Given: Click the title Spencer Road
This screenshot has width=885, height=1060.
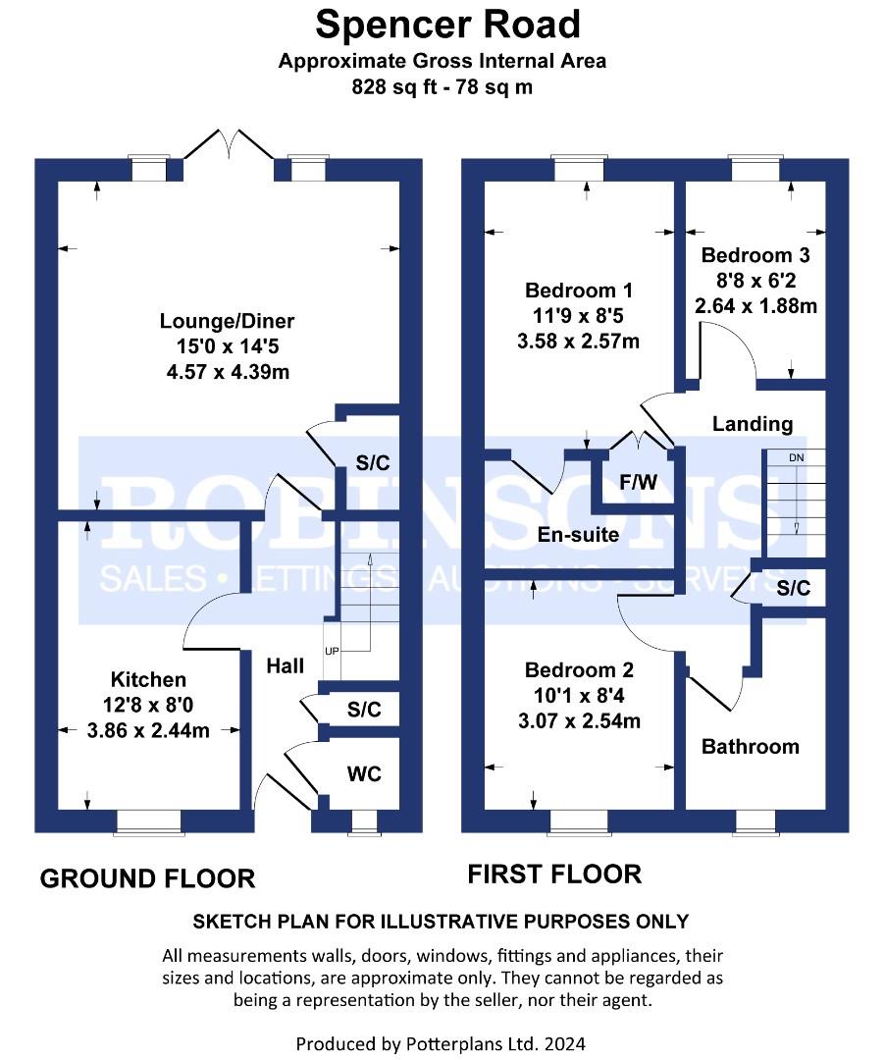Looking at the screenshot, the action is point(448,25).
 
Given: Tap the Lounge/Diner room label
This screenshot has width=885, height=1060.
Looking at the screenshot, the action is point(227,320).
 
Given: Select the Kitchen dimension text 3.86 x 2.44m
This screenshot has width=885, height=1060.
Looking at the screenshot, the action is point(148,730).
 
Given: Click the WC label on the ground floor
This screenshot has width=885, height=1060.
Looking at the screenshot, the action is point(364,773).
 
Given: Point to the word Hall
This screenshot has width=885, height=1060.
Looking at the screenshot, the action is point(286,665).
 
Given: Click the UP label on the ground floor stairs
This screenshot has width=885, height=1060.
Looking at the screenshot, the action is point(332,651).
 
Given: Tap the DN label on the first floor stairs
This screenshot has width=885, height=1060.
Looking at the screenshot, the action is point(797,457).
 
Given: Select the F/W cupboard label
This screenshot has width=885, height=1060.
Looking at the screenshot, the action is point(639,482).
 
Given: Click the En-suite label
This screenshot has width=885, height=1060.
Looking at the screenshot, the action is point(578,535).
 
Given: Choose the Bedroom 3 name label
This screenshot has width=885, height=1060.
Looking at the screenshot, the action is point(755,255).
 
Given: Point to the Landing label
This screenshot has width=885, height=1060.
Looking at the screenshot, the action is point(753,424).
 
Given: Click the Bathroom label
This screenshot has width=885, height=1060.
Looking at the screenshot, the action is point(751,746).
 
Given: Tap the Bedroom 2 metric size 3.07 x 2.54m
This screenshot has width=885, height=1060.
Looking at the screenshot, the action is point(579,720).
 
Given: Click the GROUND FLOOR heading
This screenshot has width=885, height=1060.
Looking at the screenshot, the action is point(148,878).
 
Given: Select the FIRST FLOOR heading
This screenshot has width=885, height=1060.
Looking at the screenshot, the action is point(554,874).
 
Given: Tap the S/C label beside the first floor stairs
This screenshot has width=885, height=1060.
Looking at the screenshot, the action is point(793,588).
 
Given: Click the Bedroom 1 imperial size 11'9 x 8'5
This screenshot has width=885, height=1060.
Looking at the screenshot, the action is point(578,316).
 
